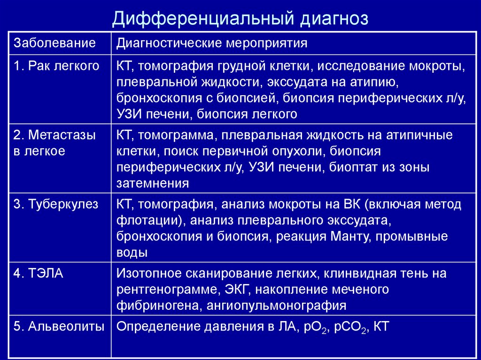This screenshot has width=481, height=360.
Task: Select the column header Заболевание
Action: pyautogui.click(x=55, y=44)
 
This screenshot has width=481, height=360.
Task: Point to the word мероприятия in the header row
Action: pyautogui.click(x=267, y=44)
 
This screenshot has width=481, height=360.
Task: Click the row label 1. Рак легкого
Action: pyautogui.click(x=56, y=66)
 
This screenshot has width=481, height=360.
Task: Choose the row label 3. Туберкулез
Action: pyautogui.click(x=56, y=204)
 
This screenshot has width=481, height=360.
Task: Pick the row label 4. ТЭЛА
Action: pyautogui.click(x=38, y=274)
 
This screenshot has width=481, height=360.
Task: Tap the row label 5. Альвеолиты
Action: pyautogui.click(x=59, y=327)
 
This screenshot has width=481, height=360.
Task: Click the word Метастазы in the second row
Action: pyautogui.click(x=62, y=136)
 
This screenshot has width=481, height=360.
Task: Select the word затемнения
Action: pyautogui.click(x=153, y=184)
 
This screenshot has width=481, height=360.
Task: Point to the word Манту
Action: pyautogui.click(x=346, y=236)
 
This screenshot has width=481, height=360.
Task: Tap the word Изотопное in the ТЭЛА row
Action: pyautogui.click(x=147, y=274)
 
